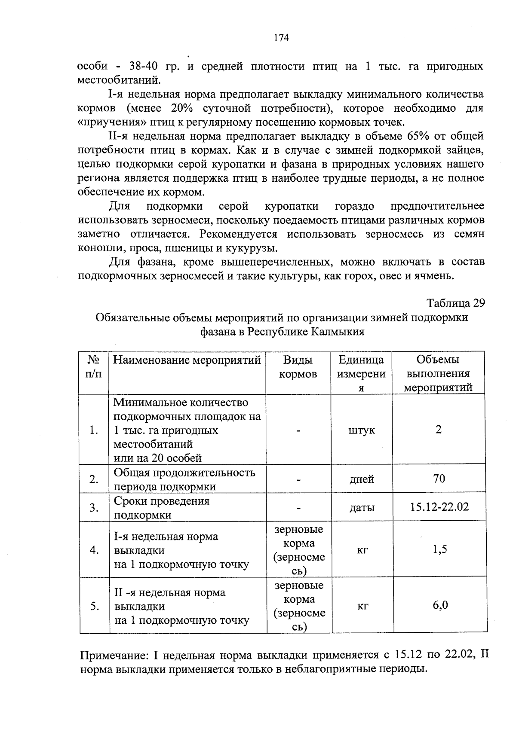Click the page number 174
pyautogui.click(x=281, y=38)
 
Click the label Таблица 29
pyautogui.click(x=455, y=303)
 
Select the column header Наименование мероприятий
pyautogui.click(x=187, y=360)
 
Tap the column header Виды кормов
pyautogui.click(x=298, y=367)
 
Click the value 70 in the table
pyautogui.click(x=439, y=479)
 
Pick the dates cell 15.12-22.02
pyautogui.click(x=439, y=507)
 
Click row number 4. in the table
pyautogui.click(x=95, y=550)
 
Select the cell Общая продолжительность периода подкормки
pyautogui.click(x=184, y=479)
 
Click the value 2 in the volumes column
pyautogui.click(x=438, y=430)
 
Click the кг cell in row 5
pyautogui.click(x=362, y=606)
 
